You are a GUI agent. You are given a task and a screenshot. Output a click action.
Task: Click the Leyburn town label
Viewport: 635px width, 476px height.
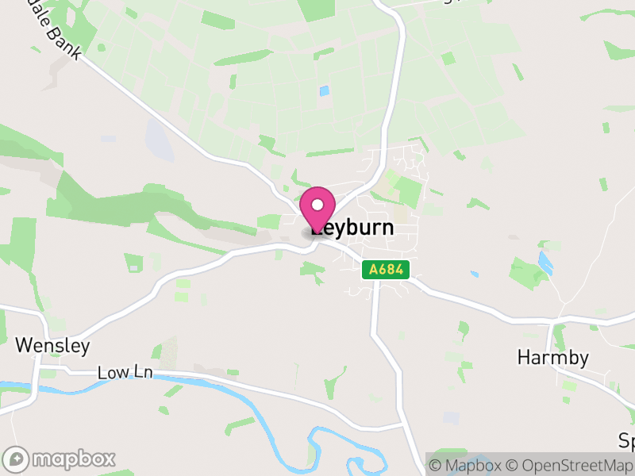coord(352,228)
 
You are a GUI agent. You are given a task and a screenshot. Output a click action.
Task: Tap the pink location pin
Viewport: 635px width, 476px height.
coord(317,208)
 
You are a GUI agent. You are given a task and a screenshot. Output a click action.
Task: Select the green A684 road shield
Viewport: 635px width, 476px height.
coord(386,271)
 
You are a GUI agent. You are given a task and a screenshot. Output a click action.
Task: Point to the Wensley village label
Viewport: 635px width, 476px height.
coord(52,346)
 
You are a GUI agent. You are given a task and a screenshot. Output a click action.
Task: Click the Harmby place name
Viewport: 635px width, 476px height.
coord(552,358)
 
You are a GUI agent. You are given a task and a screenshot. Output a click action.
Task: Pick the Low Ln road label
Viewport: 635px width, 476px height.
coord(124,372)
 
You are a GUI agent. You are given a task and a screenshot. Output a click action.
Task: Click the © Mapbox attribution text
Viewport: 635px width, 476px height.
coord(464,465)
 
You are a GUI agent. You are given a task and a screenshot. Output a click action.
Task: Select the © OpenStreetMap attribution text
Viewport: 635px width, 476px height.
coord(570,465)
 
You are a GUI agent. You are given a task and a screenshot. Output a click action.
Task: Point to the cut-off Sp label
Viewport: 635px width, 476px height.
coord(627,440)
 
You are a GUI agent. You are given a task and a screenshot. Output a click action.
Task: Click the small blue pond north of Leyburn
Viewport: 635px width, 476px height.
coord(324,91)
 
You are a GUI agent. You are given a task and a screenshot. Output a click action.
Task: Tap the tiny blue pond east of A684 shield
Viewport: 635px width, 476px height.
coord(474,274)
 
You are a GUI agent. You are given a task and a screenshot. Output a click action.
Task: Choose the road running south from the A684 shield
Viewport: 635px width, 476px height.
coord(375,317)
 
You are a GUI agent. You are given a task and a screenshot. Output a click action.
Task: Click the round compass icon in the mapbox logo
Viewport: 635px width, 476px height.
coord(16,459)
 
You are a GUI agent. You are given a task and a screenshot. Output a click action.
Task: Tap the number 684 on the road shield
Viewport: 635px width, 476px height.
coord(391,271)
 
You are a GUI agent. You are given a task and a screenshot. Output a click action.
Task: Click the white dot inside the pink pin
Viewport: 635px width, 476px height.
coord(317,205)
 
